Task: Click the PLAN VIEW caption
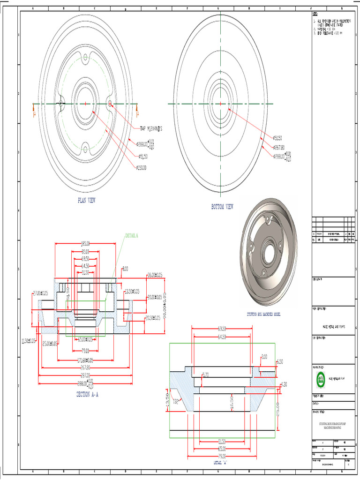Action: [86, 200]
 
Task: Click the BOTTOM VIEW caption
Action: [222, 207]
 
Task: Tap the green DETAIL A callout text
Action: [132, 235]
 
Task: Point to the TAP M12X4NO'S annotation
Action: [154, 128]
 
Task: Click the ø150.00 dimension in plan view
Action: [141, 167]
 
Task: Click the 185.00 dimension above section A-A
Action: [85, 244]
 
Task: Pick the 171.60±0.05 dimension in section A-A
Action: [85, 360]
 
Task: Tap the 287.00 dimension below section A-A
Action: [85, 375]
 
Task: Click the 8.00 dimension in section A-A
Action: [125, 269]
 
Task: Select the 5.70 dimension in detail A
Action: [205, 375]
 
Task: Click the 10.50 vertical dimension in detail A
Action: [232, 403]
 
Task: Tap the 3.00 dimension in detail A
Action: [264, 357]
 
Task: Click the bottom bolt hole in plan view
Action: [85, 150]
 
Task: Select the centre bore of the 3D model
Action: [270, 254]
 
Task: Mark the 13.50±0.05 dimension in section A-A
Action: [133, 292]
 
